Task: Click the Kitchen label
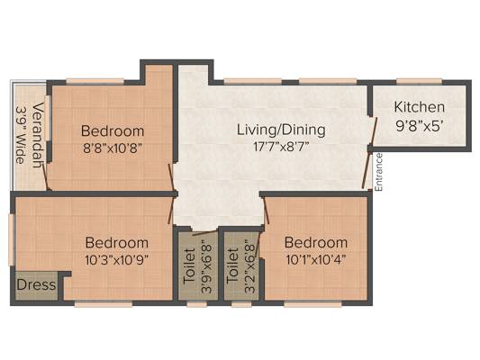pos(419,107)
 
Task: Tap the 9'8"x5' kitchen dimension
pos(420,126)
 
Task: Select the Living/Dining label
pos(281,130)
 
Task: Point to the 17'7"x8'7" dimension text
pos(281,147)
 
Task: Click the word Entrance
pos(379,173)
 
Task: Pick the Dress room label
pos(36,285)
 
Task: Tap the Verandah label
pos(37,135)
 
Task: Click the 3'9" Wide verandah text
pos(21,135)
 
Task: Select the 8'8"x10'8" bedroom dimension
pos(113,148)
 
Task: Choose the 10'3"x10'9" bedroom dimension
pos(117,260)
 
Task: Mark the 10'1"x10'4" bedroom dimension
pos(316,260)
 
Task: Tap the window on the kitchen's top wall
pos(420,81)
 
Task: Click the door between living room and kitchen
pos(374,130)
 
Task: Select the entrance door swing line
pos(367,171)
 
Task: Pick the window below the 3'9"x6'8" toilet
pos(197,304)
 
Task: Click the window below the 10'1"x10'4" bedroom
pos(312,304)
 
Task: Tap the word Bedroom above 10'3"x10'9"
pos(117,243)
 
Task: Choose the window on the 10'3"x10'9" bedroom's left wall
pos(12,239)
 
